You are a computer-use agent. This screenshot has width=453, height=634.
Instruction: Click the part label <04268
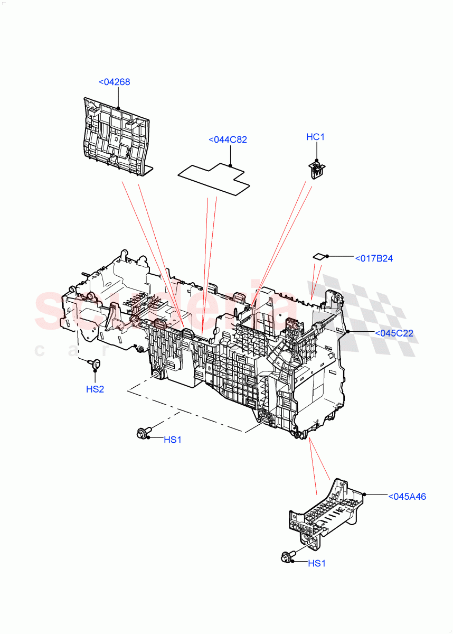click(114, 82)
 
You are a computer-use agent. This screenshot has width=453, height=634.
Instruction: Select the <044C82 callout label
click(228, 140)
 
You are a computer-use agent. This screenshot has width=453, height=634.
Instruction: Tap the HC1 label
click(315, 137)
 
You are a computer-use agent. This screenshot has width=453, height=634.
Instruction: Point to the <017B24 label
click(374, 258)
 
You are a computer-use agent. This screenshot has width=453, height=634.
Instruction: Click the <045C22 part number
click(393, 333)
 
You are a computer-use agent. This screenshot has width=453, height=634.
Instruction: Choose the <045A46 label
click(407, 497)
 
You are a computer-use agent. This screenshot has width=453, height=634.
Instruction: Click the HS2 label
click(95, 389)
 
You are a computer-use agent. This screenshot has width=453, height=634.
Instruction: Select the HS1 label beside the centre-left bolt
click(172, 440)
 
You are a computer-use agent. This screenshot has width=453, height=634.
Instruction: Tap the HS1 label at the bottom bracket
click(317, 564)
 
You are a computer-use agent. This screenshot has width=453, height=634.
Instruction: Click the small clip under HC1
click(316, 171)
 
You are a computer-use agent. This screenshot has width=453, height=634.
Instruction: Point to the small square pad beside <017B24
click(320, 256)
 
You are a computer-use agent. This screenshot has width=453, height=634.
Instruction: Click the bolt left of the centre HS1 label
click(143, 433)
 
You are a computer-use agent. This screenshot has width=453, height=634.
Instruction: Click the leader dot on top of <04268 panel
click(118, 108)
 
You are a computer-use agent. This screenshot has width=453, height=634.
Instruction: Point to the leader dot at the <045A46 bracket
click(364, 495)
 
